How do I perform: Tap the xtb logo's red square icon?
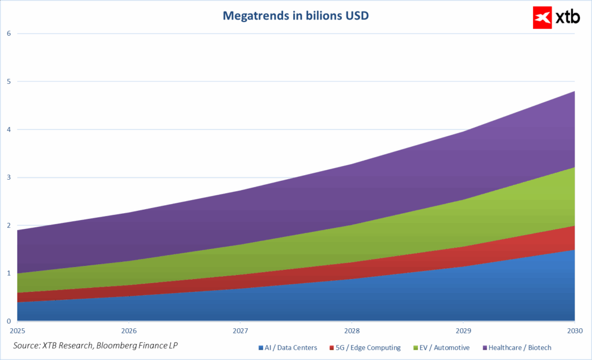[x=543, y=17]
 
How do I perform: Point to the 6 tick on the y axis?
[x=9, y=34]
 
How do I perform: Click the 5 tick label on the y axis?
[x=9, y=81]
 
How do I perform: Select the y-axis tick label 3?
[x=9, y=177]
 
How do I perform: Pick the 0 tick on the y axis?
[x=9, y=321]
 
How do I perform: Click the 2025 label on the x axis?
[x=17, y=332]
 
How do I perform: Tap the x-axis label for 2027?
[x=240, y=332]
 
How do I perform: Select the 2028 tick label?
[x=351, y=332]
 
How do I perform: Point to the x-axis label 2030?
[x=574, y=332]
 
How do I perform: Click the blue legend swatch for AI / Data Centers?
[x=260, y=348]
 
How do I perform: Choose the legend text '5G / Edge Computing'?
[x=368, y=348]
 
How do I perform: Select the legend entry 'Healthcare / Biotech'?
[x=520, y=348]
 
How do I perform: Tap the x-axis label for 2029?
[x=462, y=332]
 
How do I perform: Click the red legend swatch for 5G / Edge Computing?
[x=332, y=348]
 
